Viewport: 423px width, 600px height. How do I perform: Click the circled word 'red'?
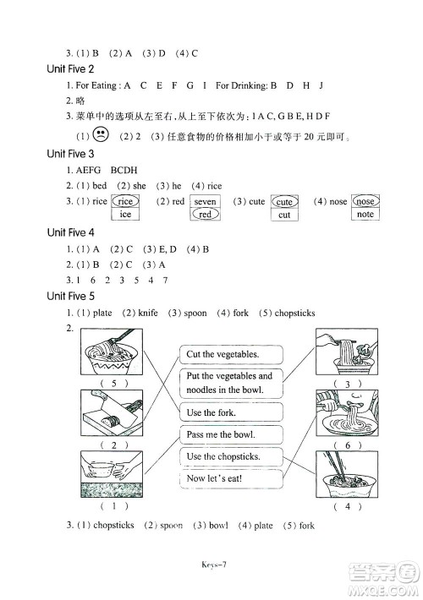[x=205, y=215]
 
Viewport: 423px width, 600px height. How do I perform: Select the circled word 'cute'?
[x=284, y=202]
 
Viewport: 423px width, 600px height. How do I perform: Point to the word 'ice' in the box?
[x=126, y=215]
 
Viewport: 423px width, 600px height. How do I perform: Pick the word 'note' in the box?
[x=365, y=215]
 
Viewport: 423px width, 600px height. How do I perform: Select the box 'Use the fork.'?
[x=211, y=412]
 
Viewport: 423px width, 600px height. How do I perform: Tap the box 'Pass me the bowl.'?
[x=220, y=434]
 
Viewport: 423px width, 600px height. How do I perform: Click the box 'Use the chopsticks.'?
[x=222, y=456]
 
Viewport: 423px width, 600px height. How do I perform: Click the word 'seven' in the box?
[x=205, y=202]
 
